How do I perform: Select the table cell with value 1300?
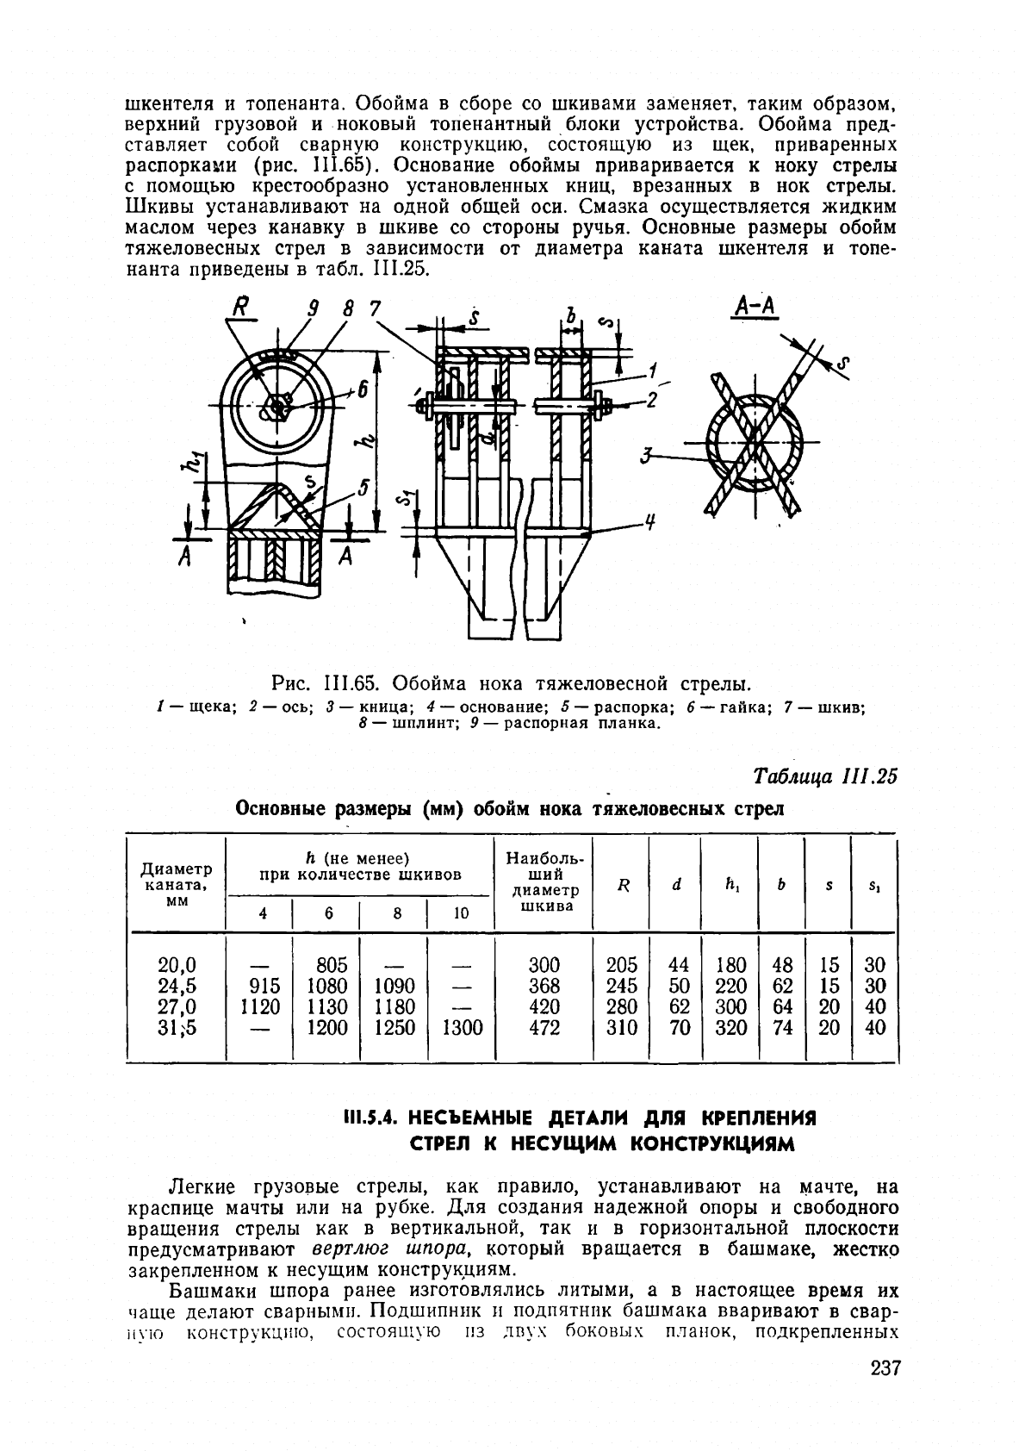point(461,1028)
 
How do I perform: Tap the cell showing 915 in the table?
point(259,986)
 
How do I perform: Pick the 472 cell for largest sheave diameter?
point(544,1028)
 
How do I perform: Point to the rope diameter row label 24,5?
point(177,986)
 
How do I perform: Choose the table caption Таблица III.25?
point(825,775)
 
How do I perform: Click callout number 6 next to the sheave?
point(363,390)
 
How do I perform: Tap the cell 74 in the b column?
point(782,1028)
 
